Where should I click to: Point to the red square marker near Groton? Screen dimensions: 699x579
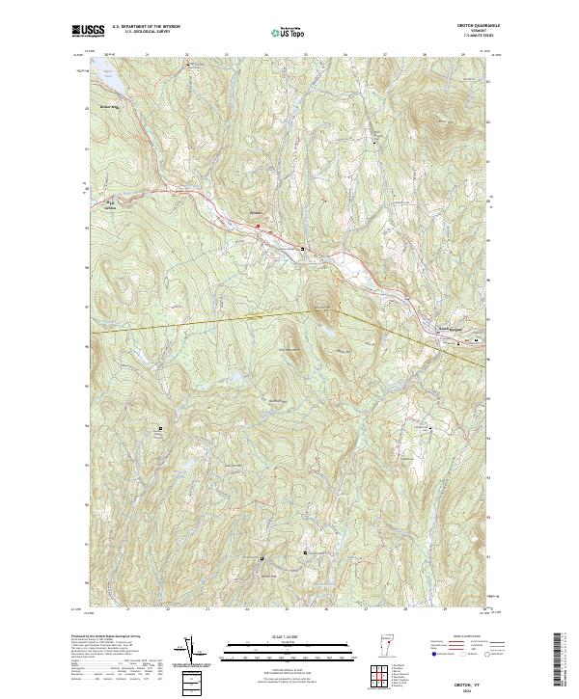[x=258, y=226]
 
